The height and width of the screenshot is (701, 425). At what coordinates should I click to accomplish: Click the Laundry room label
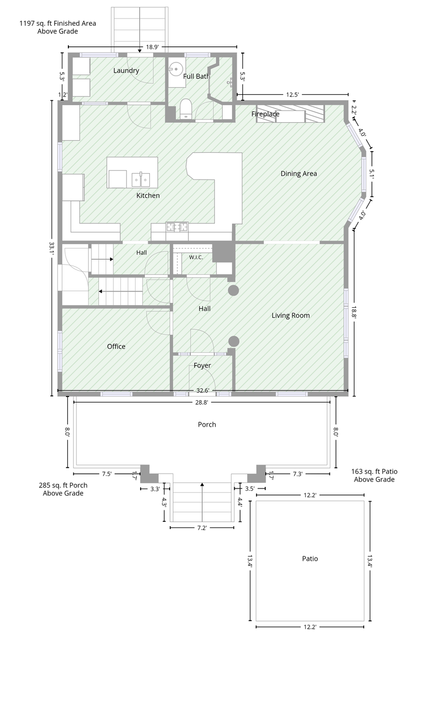pos(126,71)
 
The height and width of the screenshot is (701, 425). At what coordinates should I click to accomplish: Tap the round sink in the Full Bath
pos(176,68)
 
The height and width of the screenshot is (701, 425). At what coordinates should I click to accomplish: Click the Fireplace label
pos(265,114)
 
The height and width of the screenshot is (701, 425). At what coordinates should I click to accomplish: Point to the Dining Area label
pos(299,174)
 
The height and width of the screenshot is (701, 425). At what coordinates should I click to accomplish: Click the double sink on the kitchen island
pos(141,179)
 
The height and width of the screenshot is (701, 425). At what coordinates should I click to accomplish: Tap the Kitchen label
pos(148,196)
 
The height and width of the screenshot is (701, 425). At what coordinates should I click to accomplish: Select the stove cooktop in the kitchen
pos(177,227)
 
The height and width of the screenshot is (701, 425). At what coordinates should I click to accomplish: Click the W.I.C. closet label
pos(196,257)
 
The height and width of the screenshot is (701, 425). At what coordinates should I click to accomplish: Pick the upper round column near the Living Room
pos(234,290)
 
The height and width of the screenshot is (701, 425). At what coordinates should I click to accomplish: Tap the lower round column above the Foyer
pos(234,341)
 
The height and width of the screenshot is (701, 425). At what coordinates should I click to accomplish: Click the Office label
pos(116,347)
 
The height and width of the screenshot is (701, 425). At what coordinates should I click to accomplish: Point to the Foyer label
pos(202,365)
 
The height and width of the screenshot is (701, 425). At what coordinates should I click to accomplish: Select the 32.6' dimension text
pos(202,390)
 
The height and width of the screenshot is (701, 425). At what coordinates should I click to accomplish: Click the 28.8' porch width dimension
pos(202,403)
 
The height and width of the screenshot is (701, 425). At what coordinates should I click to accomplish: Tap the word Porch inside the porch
pos(207,424)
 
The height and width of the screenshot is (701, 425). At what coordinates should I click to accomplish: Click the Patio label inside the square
pos(310,559)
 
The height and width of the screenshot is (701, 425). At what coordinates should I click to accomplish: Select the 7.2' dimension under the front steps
pos(202,528)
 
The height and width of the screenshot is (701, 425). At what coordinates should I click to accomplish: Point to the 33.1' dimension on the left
pos(51,249)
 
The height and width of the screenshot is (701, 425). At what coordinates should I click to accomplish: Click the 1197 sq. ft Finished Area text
pos(57,23)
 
